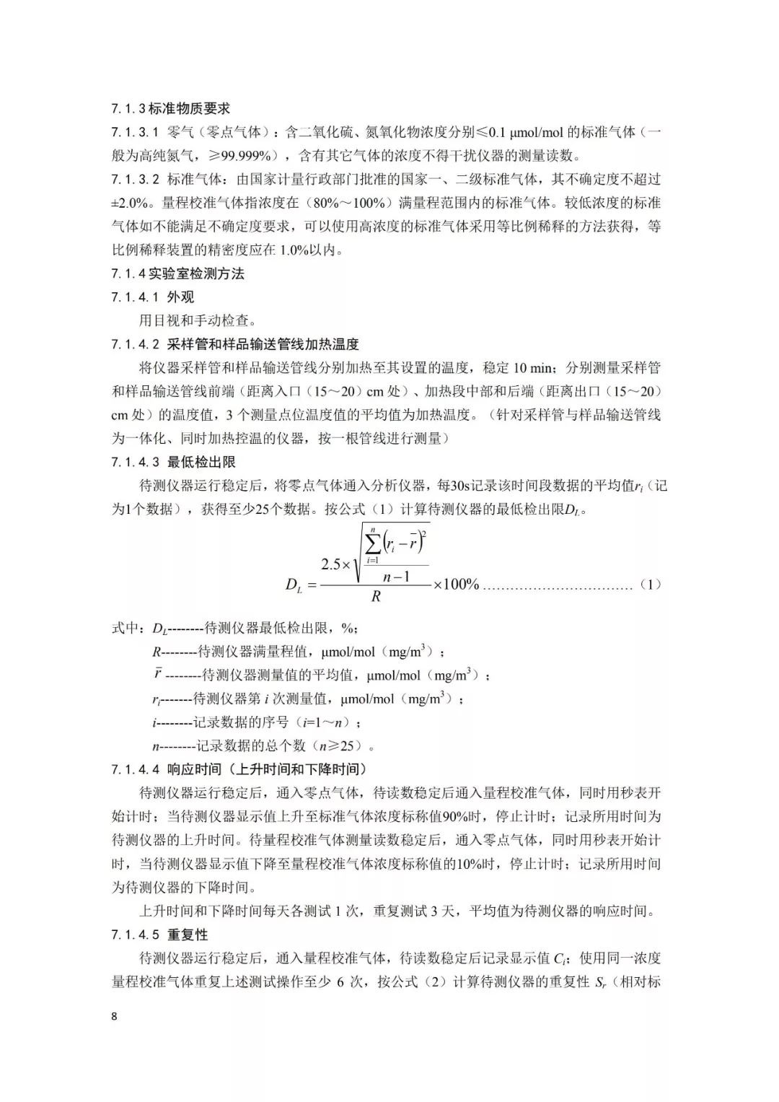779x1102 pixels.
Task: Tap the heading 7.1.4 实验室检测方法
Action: [177, 274]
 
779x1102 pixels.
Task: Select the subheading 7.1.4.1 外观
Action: [153, 297]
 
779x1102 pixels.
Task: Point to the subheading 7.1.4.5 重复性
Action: [160, 935]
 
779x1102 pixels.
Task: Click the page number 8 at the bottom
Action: [114, 1017]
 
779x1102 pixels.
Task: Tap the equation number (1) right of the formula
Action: [650, 585]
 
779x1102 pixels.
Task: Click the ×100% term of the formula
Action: [456, 585]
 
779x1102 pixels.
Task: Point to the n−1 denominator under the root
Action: [396, 577]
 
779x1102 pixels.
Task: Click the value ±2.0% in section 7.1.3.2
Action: [131, 203]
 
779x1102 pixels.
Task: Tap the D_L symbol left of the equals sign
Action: [294, 586]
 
